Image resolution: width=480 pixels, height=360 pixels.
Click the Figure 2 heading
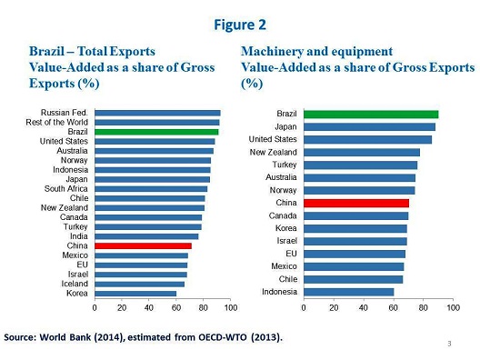(x=241, y=23)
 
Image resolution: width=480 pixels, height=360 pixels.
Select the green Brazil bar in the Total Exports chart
(x=155, y=132)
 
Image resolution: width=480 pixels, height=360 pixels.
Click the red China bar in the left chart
(x=143, y=245)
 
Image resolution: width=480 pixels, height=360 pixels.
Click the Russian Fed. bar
(x=156, y=114)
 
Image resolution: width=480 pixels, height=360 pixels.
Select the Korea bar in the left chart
(x=135, y=293)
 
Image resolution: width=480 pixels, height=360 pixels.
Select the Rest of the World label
(x=58, y=123)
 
